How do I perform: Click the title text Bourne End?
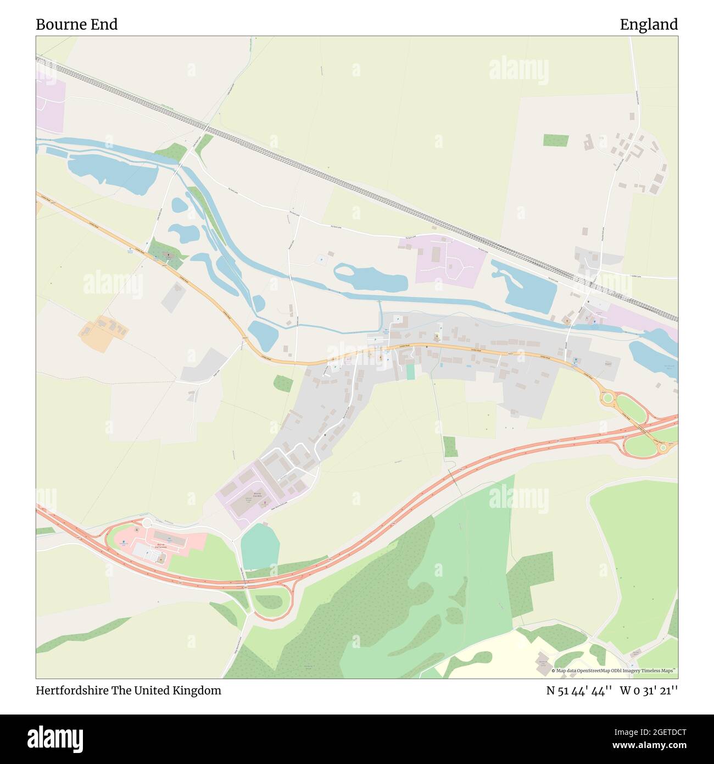(x=76, y=24)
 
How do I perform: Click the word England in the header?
(x=649, y=24)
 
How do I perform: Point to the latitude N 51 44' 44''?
(x=579, y=691)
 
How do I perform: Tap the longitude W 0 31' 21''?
(x=649, y=691)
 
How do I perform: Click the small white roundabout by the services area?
(x=147, y=522)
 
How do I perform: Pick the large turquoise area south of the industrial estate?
(x=260, y=546)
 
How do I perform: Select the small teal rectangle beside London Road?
(x=410, y=372)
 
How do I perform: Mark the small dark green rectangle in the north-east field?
(x=556, y=140)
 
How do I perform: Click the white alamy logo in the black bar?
(x=55, y=738)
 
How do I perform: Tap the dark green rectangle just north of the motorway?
(x=450, y=447)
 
